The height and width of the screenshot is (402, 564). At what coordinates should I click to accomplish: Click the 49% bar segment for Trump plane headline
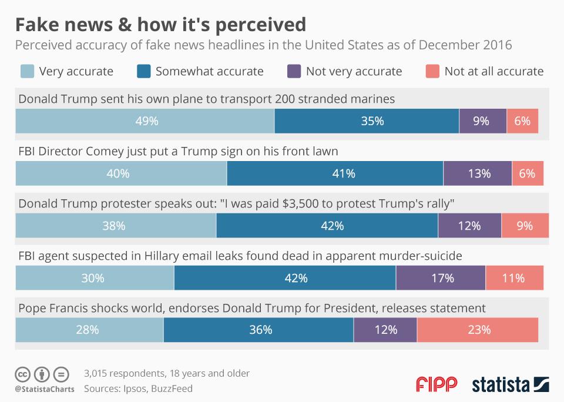coord(145,121)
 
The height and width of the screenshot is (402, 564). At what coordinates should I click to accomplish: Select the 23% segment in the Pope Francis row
coord(478,330)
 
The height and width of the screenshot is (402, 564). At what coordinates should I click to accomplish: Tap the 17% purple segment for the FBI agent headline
coord(441,278)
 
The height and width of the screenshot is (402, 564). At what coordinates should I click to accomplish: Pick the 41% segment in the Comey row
coord(335,173)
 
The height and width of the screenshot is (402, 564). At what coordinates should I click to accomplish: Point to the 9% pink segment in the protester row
coord(525,226)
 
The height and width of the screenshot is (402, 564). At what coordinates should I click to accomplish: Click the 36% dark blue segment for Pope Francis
coord(258,330)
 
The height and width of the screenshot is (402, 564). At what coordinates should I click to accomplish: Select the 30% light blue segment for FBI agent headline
coord(95,278)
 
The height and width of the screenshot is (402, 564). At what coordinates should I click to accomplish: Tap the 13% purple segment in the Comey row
coord(478,173)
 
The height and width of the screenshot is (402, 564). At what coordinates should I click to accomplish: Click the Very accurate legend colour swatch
coord(27,72)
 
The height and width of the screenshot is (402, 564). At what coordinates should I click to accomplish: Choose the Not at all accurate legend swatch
coord(432,72)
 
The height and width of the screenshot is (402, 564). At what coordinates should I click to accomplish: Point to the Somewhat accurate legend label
coord(209,72)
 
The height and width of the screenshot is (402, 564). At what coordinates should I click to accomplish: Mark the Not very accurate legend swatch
coord(294,72)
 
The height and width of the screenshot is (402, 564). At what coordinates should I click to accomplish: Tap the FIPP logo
coord(436,385)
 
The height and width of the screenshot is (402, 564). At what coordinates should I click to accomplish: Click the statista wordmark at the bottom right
coord(501,385)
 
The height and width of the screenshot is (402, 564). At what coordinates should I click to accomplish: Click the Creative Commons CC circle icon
coord(22,374)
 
